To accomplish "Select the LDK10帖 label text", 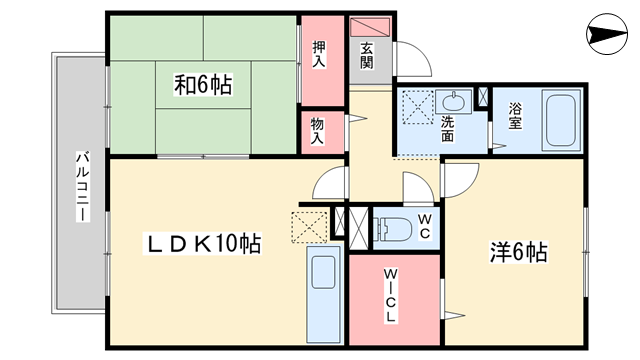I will click(204, 243).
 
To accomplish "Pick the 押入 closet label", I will click(319, 54).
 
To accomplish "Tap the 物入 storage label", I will click(317, 131).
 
